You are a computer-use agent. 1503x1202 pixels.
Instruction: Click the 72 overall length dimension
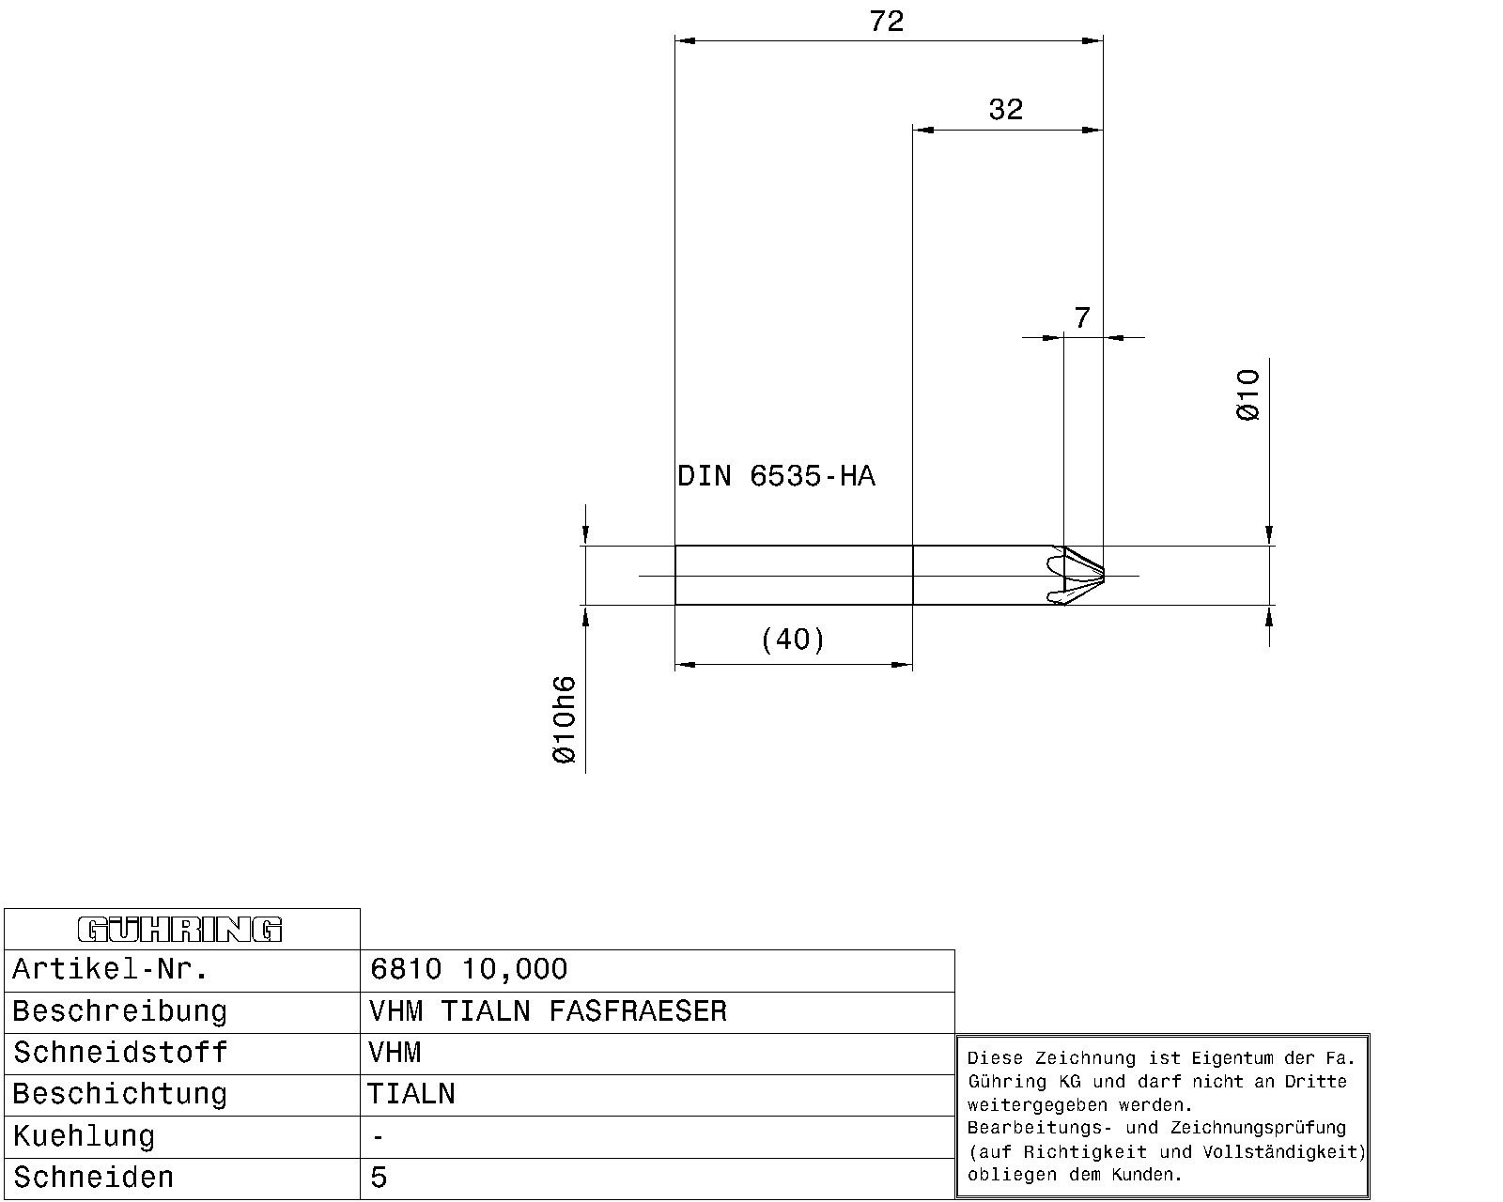tap(886, 22)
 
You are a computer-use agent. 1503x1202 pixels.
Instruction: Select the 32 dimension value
tap(1006, 110)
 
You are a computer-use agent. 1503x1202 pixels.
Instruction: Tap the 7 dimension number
tap(1082, 318)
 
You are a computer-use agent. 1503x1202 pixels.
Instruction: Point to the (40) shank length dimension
tap(793, 640)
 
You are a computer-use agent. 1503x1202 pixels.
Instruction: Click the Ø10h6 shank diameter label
tap(565, 719)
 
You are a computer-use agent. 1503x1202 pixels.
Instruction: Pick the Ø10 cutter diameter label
tap(1248, 394)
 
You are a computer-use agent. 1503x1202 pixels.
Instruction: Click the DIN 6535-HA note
tap(776, 476)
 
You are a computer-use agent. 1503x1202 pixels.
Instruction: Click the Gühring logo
tap(179, 930)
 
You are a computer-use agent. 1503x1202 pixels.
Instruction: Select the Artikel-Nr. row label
tap(110, 969)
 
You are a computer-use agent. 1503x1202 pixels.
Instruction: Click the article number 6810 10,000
tap(469, 969)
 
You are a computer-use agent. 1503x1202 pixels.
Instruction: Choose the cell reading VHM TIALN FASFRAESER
tap(548, 1011)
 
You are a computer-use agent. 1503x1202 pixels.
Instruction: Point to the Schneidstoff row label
tap(120, 1053)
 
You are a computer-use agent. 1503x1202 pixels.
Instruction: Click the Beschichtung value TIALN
tap(411, 1094)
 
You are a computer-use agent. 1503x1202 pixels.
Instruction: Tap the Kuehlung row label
tap(84, 1136)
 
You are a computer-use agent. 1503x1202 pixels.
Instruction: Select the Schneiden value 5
tap(379, 1178)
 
